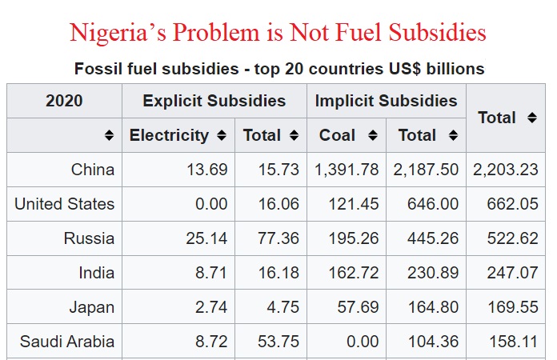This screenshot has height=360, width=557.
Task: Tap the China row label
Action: (93, 170)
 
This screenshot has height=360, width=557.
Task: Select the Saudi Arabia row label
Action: (67, 342)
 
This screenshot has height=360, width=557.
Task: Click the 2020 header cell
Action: (64, 101)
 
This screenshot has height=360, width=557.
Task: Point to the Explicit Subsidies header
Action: (214, 101)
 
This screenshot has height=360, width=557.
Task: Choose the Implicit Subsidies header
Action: (386, 101)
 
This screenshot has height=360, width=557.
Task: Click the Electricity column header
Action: (169, 135)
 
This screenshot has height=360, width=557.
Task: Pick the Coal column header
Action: (337, 135)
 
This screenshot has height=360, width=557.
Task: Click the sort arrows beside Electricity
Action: (221, 136)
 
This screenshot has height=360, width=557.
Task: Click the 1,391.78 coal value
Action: (347, 170)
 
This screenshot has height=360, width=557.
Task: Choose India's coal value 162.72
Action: (353, 273)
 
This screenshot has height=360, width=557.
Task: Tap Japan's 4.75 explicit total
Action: (283, 307)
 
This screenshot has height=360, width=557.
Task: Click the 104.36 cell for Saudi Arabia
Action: (432, 342)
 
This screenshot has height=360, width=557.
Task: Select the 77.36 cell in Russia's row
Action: (278, 238)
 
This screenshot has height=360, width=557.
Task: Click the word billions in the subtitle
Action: (454, 69)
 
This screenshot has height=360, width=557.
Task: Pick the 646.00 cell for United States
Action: (432, 204)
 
